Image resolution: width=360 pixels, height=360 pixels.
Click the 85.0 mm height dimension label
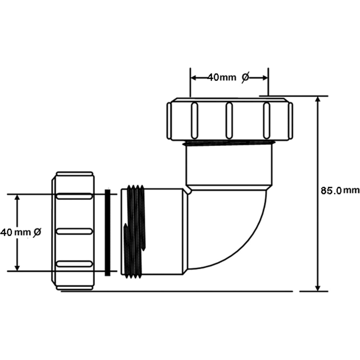click(340, 190)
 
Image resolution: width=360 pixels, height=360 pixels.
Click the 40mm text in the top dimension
click(222, 78)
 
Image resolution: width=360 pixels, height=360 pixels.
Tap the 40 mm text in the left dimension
click(15, 232)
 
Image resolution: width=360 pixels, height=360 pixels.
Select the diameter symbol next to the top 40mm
click(245, 78)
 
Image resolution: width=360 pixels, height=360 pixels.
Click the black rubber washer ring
click(107, 232)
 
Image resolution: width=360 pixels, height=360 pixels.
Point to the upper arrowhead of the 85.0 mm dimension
click(318, 100)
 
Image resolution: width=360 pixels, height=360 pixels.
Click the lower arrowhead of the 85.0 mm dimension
click(318, 288)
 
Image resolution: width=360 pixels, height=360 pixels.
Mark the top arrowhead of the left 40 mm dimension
click(17, 198)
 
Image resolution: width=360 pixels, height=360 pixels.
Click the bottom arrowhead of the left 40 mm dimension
click(17, 268)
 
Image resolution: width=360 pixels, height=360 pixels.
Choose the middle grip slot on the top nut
click(229, 121)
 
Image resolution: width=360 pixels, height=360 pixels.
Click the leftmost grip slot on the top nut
click(194, 121)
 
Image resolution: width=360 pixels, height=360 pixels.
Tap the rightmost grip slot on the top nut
click(266, 121)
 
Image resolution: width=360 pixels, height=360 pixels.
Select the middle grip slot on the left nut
click(75, 231)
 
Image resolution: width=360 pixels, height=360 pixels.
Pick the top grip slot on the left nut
click(75, 196)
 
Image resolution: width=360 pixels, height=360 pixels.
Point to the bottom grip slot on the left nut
click(75, 264)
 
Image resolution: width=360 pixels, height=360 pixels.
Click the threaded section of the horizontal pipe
click(134, 231)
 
